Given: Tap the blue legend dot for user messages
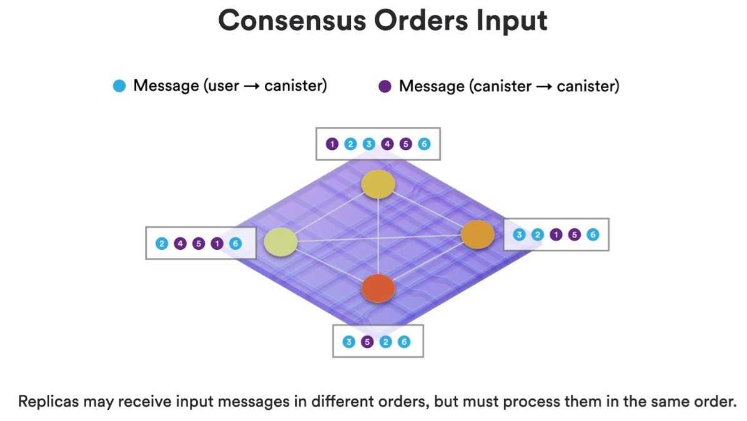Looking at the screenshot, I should pyautogui.click(x=119, y=86).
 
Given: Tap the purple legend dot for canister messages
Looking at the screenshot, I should pyautogui.click(x=385, y=86).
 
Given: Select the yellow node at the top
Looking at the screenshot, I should pyautogui.click(x=378, y=184).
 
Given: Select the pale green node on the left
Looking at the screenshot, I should pyautogui.click(x=280, y=242).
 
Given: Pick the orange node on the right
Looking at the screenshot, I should pyautogui.click(x=478, y=234).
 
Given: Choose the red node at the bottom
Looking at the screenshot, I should pyautogui.click(x=378, y=288).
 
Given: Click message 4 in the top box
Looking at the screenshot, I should pyautogui.click(x=387, y=144).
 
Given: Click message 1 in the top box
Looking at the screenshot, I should pyautogui.click(x=332, y=144).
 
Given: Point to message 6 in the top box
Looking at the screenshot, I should pyautogui.click(x=424, y=144).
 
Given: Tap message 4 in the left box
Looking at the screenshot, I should pyautogui.click(x=181, y=244).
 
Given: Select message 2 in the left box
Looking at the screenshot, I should pyautogui.click(x=162, y=244).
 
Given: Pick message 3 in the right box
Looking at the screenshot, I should pyautogui.click(x=519, y=235).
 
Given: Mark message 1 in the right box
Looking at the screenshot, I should pyautogui.click(x=556, y=235).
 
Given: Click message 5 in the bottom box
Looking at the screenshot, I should pyautogui.click(x=367, y=342).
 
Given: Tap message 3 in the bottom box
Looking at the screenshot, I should pyautogui.click(x=349, y=342).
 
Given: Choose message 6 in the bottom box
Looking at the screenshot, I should pyautogui.click(x=404, y=342).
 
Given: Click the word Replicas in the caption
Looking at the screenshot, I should pyautogui.click(x=48, y=401).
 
